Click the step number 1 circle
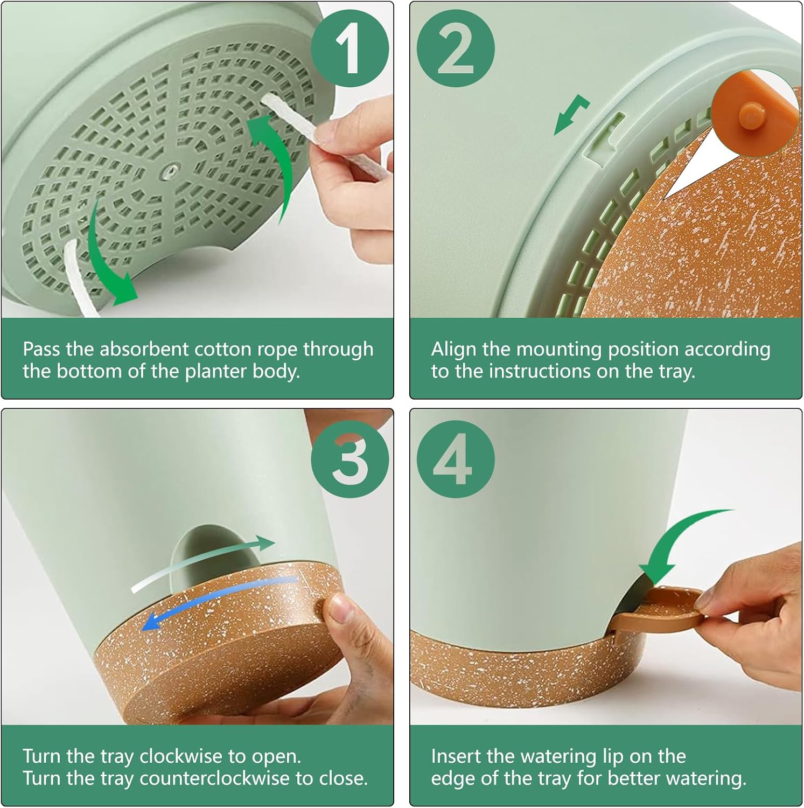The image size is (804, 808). tap(350, 49)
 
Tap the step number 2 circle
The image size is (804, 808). tap(456, 49)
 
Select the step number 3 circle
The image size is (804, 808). tap(350, 459)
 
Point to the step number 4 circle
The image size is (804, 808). tap(456, 459)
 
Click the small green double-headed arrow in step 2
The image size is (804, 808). tap(572, 114)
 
